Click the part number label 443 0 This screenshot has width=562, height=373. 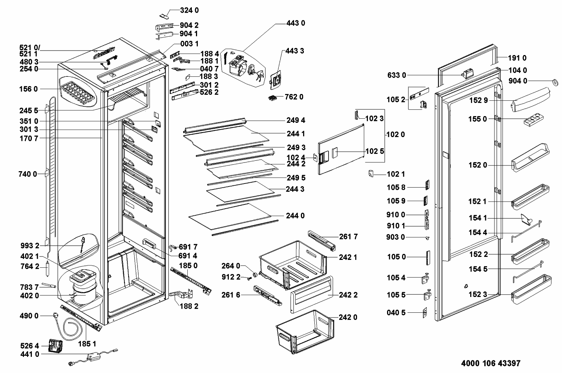295,23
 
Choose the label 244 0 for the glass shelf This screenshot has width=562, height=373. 295,216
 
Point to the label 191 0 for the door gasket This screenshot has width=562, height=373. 517,58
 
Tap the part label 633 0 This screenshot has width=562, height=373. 396,75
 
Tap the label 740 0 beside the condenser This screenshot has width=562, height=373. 28,174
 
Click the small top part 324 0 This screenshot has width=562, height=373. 164,15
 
